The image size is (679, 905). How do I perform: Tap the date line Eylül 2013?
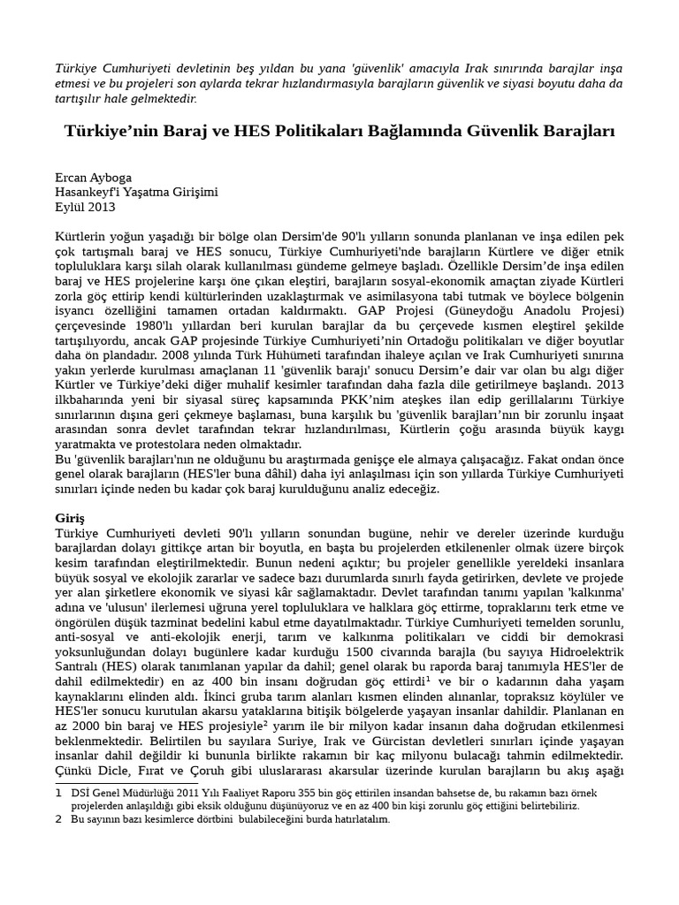(85, 207)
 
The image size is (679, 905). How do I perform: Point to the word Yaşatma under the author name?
(167, 192)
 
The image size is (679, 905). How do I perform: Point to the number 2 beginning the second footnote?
(58, 819)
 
